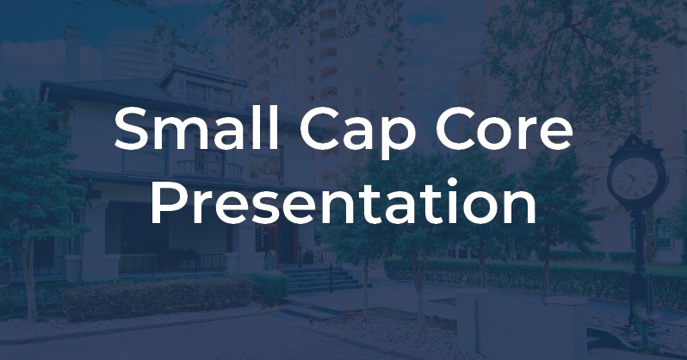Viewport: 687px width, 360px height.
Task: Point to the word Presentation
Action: [343, 204]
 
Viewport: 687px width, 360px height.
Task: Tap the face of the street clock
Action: [636, 177]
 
